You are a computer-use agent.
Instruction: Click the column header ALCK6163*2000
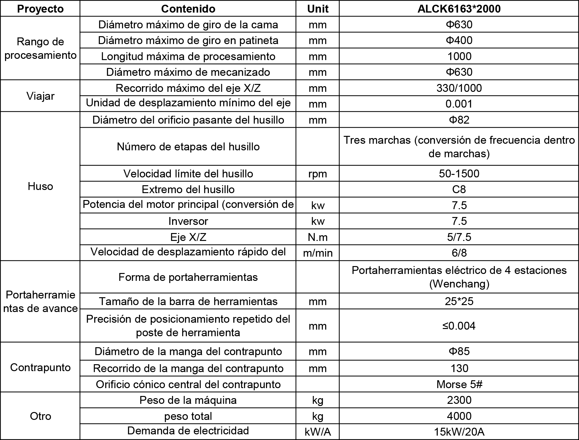pos(459,9)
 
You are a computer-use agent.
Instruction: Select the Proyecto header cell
pos(40,9)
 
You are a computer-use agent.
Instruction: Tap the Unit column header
pos(317,9)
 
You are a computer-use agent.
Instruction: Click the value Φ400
pos(459,40)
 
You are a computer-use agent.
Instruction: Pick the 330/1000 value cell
pos(459,88)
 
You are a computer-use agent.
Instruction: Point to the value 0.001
pos(459,104)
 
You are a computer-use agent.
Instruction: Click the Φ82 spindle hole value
pos(459,120)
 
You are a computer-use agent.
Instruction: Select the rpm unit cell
pos(317,174)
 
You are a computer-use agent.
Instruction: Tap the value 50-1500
pos(459,174)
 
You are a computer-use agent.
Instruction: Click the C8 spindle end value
pos(459,189)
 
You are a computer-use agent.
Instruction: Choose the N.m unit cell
pos(317,237)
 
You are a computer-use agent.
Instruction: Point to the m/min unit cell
pos(317,253)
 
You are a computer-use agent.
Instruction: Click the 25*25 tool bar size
pos(459,301)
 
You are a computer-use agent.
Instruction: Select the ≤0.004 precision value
pos(459,326)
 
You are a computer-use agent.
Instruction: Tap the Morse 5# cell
pos(459,384)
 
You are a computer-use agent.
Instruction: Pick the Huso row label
pos(40,186)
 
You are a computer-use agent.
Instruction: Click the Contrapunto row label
pos(40,367)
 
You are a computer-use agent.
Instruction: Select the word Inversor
pos(188,221)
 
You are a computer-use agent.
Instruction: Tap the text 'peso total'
pos(188,416)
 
